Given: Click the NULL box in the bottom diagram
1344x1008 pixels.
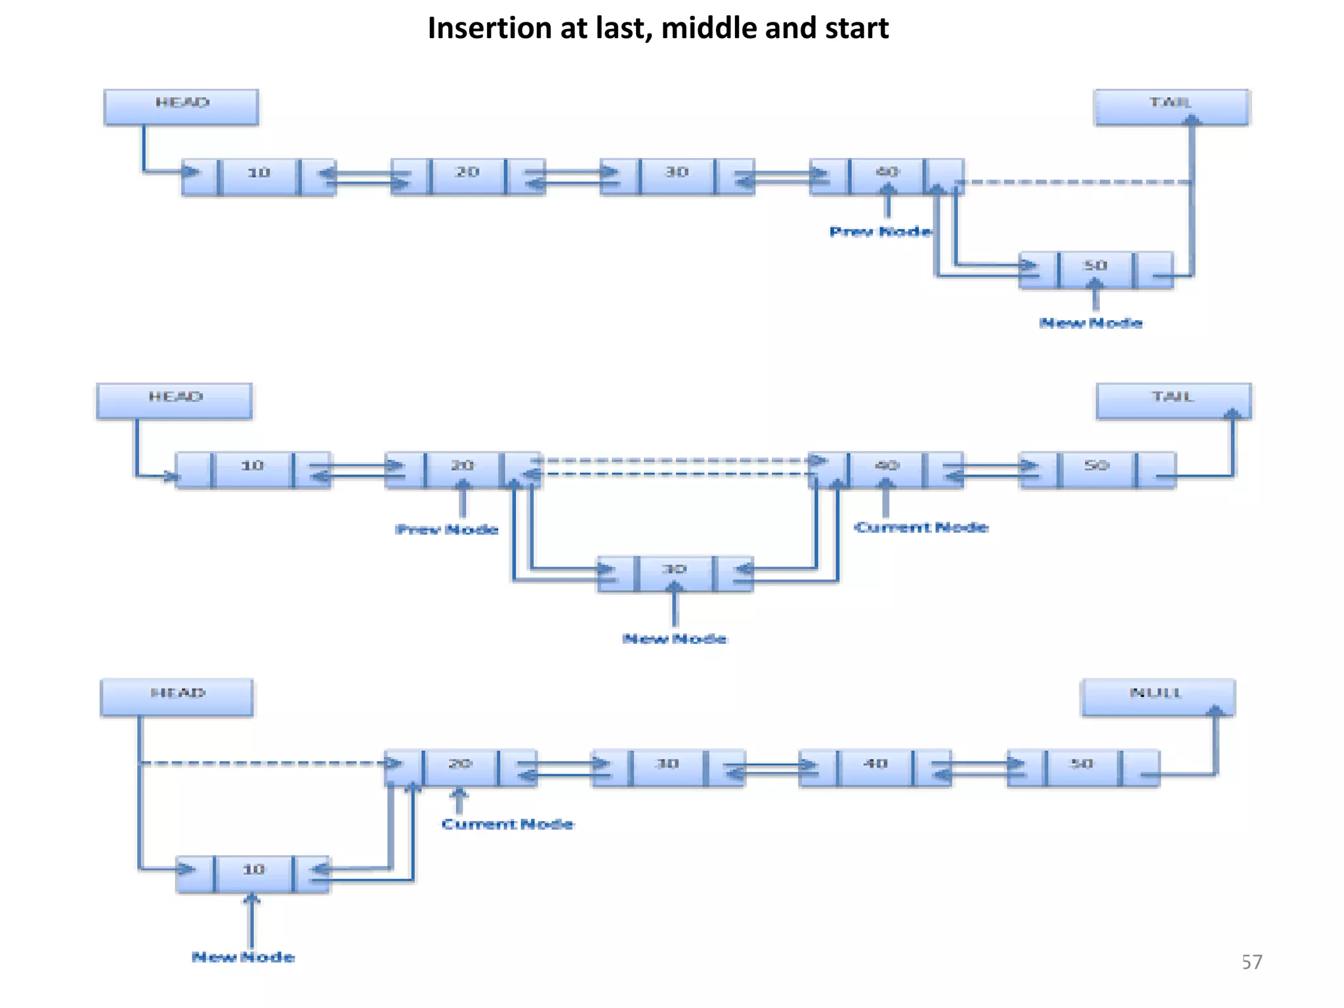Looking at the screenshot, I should (x=1158, y=697).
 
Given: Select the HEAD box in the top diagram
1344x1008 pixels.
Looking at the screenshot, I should (x=181, y=107).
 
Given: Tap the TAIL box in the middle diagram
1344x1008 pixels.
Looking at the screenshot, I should (x=1173, y=401).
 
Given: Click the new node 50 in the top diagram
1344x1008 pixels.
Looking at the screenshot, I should (x=1095, y=270).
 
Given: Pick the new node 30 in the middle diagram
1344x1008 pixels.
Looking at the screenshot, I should (x=675, y=573).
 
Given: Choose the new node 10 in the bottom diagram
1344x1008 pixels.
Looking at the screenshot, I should (x=253, y=873).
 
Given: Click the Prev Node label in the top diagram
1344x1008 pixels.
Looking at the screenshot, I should (x=880, y=232).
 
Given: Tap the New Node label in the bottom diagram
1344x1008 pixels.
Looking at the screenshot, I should (x=243, y=957).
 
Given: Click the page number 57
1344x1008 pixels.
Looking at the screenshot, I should (x=1251, y=962).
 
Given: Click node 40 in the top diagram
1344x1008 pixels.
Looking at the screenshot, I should (x=887, y=176).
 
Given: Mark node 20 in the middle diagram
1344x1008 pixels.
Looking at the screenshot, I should (x=462, y=469).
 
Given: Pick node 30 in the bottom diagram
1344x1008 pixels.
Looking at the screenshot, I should (x=667, y=767).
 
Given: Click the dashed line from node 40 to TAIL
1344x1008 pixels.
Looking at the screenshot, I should (x=1076, y=182).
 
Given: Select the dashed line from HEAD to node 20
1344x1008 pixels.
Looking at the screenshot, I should (x=262, y=763).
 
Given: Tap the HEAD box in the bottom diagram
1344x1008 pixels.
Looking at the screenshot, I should (x=177, y=697).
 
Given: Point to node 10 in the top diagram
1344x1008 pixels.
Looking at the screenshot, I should (x=259, y=177).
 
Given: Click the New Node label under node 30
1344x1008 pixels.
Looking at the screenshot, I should (x=675, y=639).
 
